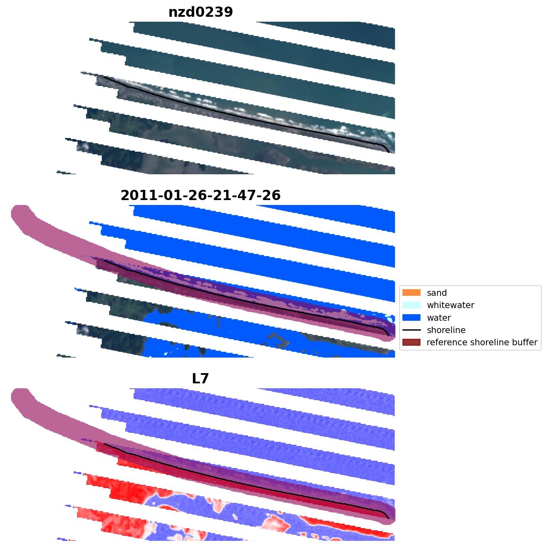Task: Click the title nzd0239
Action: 201,12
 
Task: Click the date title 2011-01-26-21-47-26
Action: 201,195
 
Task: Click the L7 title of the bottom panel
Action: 201,378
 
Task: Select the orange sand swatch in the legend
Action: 411,293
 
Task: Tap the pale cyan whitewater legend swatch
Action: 411,305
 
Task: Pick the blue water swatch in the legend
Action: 411,317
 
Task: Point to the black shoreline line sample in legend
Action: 411,330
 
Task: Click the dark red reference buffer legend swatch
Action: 411,342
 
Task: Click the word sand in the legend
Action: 436,293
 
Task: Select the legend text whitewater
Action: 450,305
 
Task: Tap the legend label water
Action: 439,318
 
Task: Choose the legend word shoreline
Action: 446,330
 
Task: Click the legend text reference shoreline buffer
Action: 482,342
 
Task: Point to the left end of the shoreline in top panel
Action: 104,77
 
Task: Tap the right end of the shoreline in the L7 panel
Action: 389,519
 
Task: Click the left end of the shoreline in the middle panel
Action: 104,260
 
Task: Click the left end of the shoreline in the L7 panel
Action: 104,443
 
